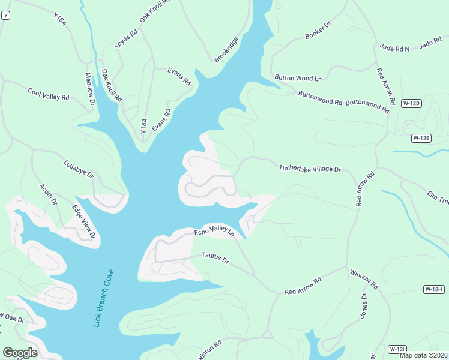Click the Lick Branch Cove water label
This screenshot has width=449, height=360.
pos(103,298)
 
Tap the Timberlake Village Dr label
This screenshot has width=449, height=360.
pos(310,169)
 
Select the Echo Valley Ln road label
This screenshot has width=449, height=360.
pos(213,232)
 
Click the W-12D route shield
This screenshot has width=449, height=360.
pos(411,103)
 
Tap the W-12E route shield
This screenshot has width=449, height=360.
pos(421,138)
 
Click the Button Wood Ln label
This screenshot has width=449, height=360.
pos(298,78)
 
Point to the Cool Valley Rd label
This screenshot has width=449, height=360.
pos(49,94)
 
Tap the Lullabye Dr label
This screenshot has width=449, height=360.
pos(79,169)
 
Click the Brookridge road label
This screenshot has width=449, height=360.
pos(226,50)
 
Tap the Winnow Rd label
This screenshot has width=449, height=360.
pos(364,278)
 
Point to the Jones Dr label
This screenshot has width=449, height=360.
pos(364,305)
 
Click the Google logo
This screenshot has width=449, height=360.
pos(20,353)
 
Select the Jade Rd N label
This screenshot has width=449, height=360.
pos(394,47)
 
